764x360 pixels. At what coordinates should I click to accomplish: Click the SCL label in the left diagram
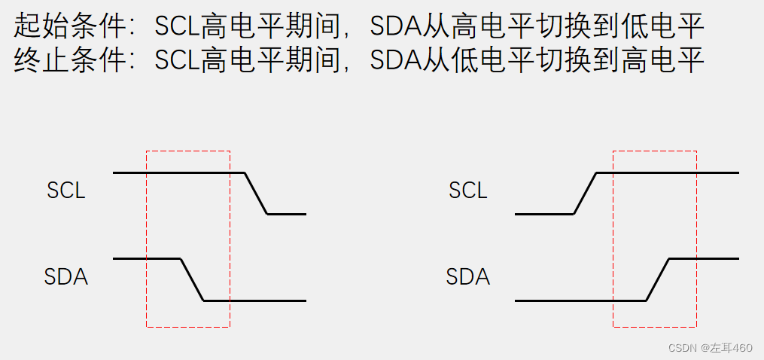[66, 191]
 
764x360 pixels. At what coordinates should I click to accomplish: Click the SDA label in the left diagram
[66, 277]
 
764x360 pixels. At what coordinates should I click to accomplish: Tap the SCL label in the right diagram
[468, 191]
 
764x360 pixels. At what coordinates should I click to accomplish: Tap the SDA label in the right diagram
[468, 277]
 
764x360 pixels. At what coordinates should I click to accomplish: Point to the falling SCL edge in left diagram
[257, 194]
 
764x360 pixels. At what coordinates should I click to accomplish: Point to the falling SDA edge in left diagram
[192, 279]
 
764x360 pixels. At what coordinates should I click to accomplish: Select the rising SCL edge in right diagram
[585, 194]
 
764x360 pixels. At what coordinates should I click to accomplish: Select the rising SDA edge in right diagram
[658, 279]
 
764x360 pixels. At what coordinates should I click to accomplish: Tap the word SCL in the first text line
[177, 27]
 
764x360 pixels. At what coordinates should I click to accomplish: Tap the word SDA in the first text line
[394, 27]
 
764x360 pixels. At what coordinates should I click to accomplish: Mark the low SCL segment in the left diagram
[287, 214]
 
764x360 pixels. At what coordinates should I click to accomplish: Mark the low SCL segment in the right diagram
[544, 214]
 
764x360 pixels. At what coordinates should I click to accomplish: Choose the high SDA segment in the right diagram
[704, 258]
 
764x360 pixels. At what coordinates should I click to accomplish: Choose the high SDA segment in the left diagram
[147, 258]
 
